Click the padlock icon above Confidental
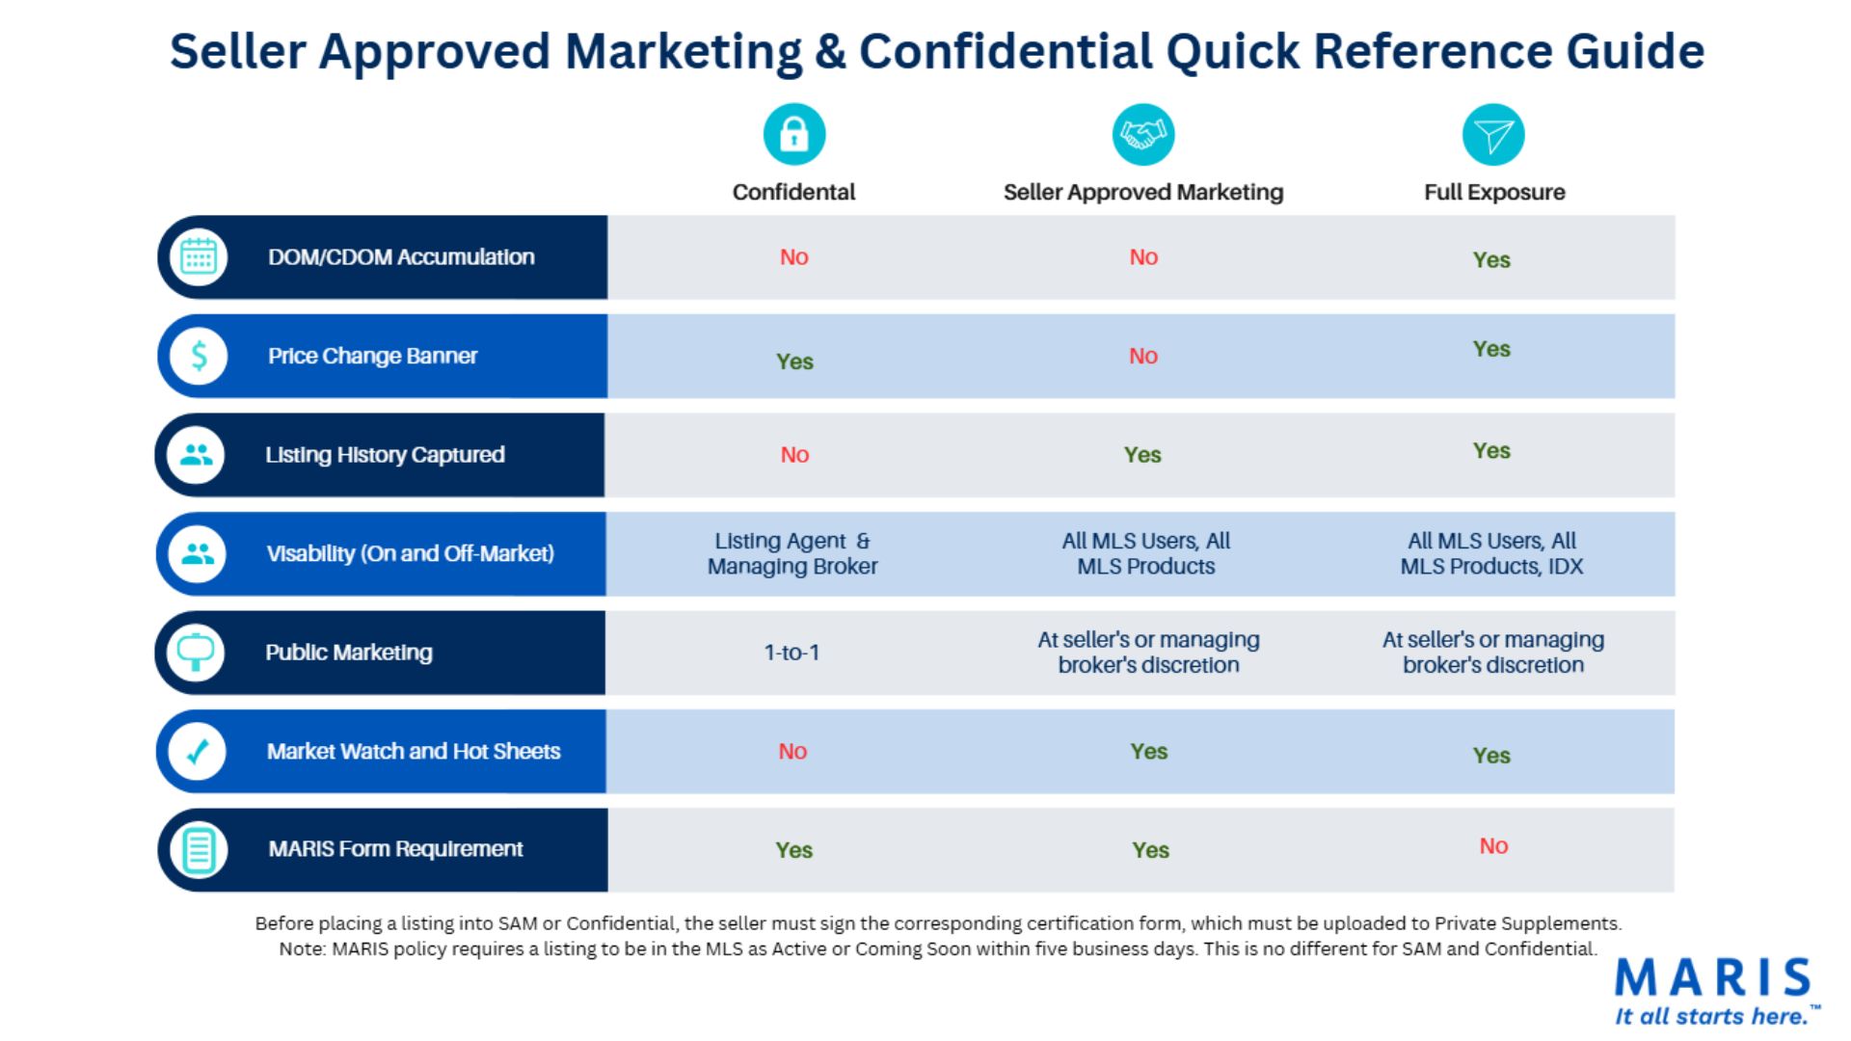click(x=794, y=134)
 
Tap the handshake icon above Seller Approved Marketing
click(x=1143, y=134)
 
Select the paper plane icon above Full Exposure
click(x=1493, y=134)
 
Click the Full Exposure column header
click(x=1494, y=192)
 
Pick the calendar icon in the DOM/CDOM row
click(x=199, y=256)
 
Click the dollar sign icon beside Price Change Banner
click(x=199, y=356)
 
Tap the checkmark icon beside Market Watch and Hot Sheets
click(x=198, y=751)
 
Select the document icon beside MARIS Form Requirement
click(x=199, y=850)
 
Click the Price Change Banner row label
click(x=372, y=356)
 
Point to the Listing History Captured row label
click(x=385, y=455)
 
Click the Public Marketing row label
click(x=349, y=653)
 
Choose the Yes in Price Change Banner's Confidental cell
click(x=795, y=361)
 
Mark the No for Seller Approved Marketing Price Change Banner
click(x=1143, y=356)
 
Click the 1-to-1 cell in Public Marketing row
click(x=791, y=653)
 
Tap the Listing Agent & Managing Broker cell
click(x=792, y=553)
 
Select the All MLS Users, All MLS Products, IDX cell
click(x=1492, y=553)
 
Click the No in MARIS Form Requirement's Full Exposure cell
click(x=1494, y=845)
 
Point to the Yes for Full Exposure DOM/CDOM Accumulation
click(x=1491, y=259)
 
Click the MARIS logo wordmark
click(x=1713, y=977)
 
